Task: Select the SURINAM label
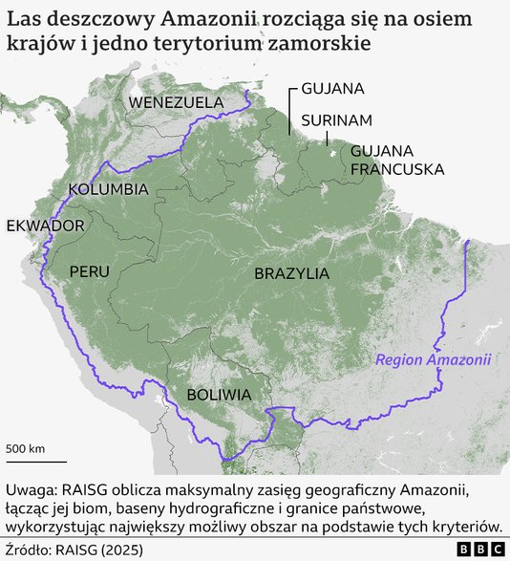pyautogui.click(x=336, y=120)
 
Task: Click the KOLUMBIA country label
pyautogui.click(x=108, y=188)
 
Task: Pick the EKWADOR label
pyautogui.click(x=46, y=227)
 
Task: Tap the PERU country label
pyautogui.click(x=89, y=271)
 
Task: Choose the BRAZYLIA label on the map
pyautogui.click(x=291, y=273)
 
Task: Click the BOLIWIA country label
pyautogui.click(x=219, y=394)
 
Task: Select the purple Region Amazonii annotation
pyautogui.click(x=433, y=360)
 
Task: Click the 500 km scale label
pyautogui.click(x=26, y=448)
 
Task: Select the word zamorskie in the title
pyautogui.click(x=318, y=45)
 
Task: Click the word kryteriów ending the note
pyautogui.click(x=462, y=527)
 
